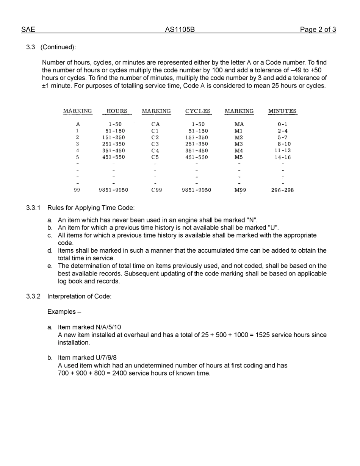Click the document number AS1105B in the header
(x=180, y=30)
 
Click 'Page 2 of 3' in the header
(x=318, y=30)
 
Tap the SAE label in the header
(x=28, y=30)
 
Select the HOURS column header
(x=117, y=111)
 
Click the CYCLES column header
(x=198, y=111)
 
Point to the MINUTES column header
(x=282, y=111)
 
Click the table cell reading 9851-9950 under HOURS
(x=113, y=190)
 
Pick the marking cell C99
(x=156, y=190)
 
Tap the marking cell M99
(x=240, y=190)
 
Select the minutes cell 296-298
(x=282, y=190)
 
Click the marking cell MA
(x=239, y=124)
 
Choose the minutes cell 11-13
(x=283, y=150)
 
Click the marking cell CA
(x=155, y=124)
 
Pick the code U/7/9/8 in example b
(x=106, y=358)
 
